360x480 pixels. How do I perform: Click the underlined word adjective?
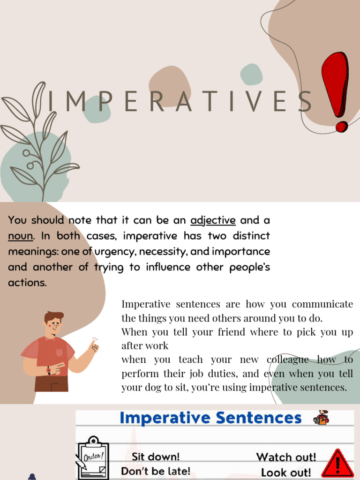point(213,220)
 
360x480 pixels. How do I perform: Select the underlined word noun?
point(20,236)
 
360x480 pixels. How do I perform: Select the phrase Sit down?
point(156,457)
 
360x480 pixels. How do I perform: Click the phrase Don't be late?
point(156,471)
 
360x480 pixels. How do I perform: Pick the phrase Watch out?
point(286,457)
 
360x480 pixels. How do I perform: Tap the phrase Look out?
point(286,472)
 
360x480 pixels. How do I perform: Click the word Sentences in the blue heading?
point(256,418)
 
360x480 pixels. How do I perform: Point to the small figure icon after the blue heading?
point(322,417)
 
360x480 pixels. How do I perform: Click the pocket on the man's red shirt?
point(59,352)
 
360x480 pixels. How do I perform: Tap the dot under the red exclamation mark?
point(342,127)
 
